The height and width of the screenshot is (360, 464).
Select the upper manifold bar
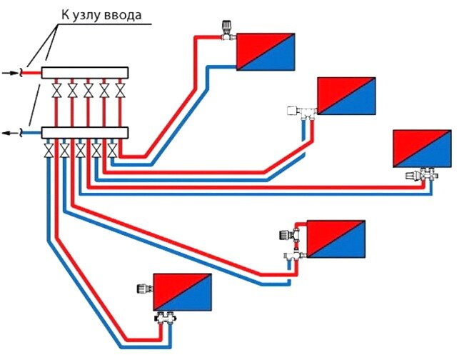(84, 72)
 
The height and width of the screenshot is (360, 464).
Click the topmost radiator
(266, 51)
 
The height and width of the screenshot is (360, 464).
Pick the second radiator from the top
(346, 96)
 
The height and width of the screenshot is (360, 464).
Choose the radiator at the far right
(423, 148)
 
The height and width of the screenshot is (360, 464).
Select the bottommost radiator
(183, 293)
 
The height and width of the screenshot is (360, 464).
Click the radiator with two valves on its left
(336, 239)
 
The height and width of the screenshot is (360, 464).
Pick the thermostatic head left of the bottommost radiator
(142, 289)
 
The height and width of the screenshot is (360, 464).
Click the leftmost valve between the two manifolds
(56, 91)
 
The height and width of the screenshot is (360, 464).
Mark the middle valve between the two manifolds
(88, 91)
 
